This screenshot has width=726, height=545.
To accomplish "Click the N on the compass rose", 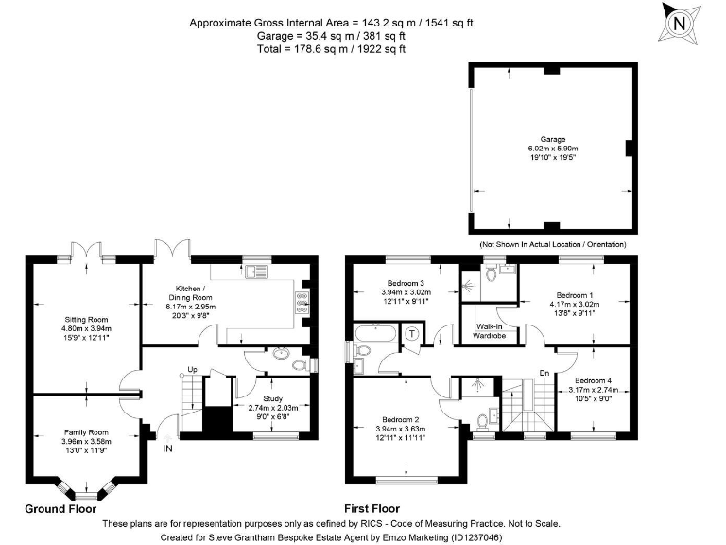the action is pos(679,23).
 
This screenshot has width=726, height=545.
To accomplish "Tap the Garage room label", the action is pos(553,139).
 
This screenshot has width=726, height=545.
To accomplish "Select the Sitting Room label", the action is pos(86,319).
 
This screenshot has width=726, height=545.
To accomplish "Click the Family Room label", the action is pos(86,432).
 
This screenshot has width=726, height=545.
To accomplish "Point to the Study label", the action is pos(272,398).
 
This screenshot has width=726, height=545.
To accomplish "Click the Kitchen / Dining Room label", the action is pos(190,293).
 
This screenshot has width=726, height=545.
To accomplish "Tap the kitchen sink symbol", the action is pos(256,272).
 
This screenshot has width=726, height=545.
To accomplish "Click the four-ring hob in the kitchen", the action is pos(302,302).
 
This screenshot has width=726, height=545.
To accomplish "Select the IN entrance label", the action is pos(167,448).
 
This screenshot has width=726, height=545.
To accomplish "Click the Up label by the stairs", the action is pos(192,369).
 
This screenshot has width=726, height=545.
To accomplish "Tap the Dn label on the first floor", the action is pos(544,373).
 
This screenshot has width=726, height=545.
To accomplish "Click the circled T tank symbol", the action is pos(411,333).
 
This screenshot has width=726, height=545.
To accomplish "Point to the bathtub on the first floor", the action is pos(375,334).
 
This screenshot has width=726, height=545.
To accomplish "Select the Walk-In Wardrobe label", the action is pos(489,331).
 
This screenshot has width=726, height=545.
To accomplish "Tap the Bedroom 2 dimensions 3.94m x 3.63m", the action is pos(401,429).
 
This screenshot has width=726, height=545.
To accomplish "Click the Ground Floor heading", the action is pos(60,509).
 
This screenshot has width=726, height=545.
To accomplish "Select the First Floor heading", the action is pos(372,509).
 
